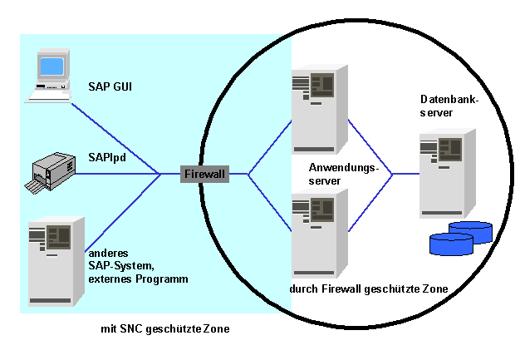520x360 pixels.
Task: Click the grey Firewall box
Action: (x=204, y=174)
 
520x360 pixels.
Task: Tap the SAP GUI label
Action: (x=110, y=86)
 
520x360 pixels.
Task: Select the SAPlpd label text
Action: (x=107, y=157)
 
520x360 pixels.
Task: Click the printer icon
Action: (x=50, y=173)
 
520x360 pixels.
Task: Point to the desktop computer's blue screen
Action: (x=52, y=66)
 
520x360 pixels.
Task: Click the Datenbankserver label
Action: (x=449, y=106)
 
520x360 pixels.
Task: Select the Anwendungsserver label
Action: (x=343, y=174)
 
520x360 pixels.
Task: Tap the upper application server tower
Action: (x=320, y=110)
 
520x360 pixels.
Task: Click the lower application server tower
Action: (x=320, y=234)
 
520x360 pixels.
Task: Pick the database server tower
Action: (x=448, y=173)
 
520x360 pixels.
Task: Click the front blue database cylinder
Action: (x=451, y=244)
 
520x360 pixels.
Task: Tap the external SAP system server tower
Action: (x=56, y=261)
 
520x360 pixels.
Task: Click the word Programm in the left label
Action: (x=162, y=279)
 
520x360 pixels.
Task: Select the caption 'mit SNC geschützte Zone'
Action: (x=165, y=328)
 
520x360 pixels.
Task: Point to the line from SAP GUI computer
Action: (x=116, y=138)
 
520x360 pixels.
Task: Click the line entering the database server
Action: (x=406, y=174)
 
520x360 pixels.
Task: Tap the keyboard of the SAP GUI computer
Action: (x=49, y=96)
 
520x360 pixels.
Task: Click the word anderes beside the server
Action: (x=109, y=254)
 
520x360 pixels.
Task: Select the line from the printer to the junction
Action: (x=118, y=174)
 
